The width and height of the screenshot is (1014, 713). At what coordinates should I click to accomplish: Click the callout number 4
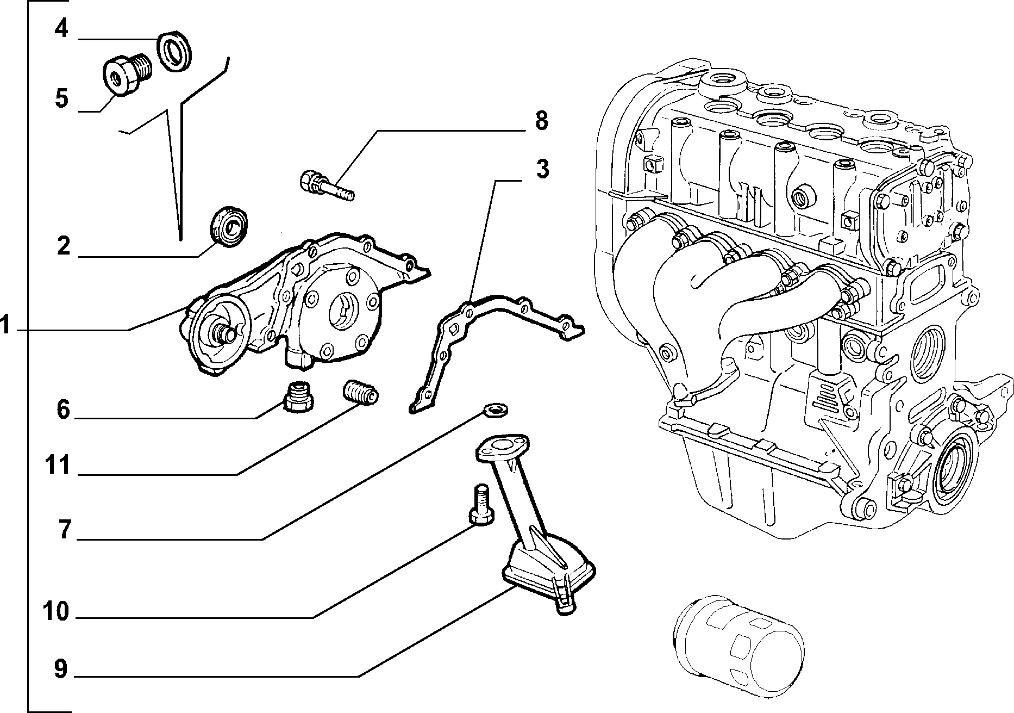coord(61,28)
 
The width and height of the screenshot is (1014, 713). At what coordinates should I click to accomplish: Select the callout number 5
coord(61,100)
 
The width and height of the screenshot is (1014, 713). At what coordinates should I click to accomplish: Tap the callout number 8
coord(541,121)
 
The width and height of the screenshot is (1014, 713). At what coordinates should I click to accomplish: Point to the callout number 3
coord(542,170)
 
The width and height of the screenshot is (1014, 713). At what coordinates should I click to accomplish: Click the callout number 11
coord(58,466)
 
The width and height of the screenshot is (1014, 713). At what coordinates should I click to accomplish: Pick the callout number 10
coord(57,612)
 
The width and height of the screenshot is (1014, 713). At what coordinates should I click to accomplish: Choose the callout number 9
coord(61,669)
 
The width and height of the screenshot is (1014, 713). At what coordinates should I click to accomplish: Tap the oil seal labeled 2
coord(229,226)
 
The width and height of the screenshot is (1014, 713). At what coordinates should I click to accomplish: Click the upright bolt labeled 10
coord(480,505)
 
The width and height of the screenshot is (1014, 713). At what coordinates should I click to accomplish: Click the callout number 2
coord(64,246)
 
